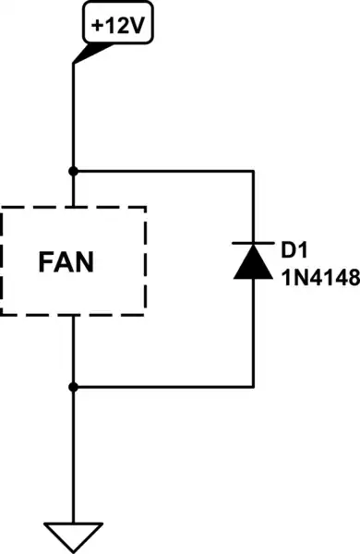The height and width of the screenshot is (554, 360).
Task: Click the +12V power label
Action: point(118,25)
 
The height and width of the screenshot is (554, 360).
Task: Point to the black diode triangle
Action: point(252,262)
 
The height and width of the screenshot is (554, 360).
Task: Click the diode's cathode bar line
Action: point(252,244)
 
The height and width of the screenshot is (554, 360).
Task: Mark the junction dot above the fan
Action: point(73,172)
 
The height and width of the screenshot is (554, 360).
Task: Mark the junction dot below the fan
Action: point(73,385)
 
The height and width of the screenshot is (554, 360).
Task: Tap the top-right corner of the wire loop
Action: point(252,172)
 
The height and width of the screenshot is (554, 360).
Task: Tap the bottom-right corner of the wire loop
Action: point(252,385)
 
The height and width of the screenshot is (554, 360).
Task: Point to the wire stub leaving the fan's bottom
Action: point(73,350)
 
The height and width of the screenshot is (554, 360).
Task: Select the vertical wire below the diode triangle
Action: point(252,332)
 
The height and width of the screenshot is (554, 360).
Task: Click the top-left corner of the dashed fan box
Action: point(3,209)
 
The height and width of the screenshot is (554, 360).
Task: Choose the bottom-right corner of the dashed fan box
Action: point(146,314)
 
